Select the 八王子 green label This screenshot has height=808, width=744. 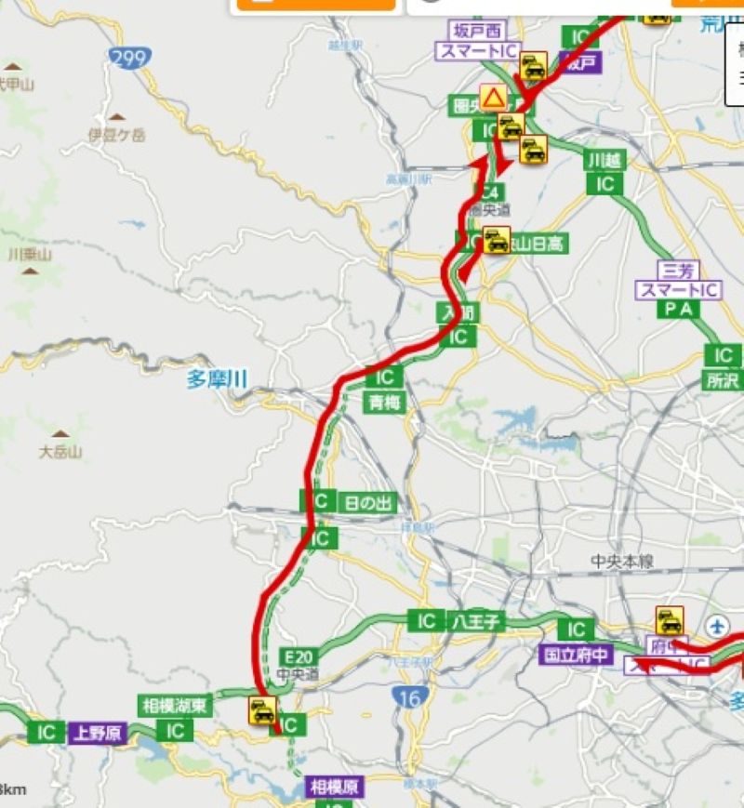tap(477, 621)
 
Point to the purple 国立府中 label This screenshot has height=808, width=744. tap(576, 655)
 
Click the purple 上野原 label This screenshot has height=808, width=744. tap(97, 733)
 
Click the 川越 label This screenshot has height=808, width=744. tap(604, 160)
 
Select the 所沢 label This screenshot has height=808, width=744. tap(721, 379)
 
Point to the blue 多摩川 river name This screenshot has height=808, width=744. tap(216, 378)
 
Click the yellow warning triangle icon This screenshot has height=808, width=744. tap(493, 97)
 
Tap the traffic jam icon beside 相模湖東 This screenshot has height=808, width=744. tap(263, 712)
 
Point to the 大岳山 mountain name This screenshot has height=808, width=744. tap(61, 453)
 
